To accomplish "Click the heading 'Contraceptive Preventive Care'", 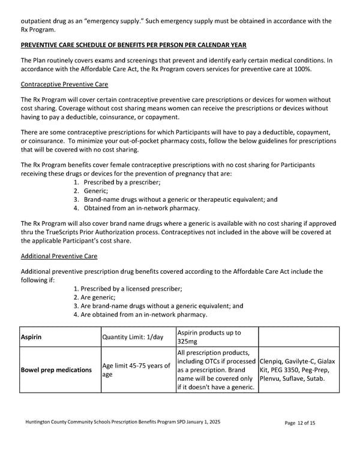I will (x=64, y=85).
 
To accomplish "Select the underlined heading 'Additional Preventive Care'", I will (x=59, y=256).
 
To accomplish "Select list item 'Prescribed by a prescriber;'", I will (x=122, y=182).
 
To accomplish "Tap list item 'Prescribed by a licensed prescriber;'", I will (x=127, y=289).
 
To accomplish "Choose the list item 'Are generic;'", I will (x=94, y=297).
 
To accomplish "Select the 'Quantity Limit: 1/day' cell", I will (x=133, y=337).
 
